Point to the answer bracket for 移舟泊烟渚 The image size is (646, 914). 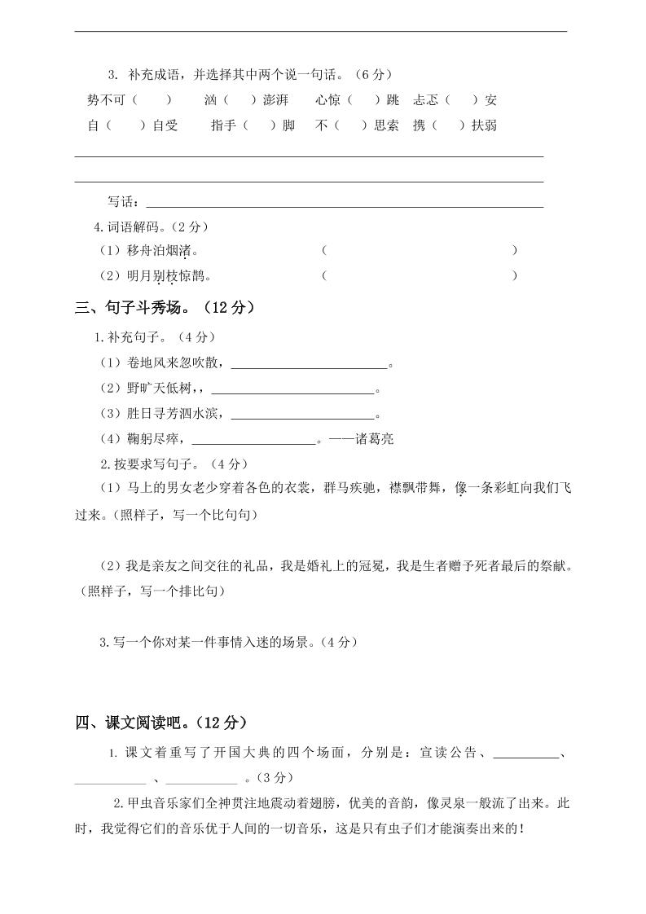click(x=420, y=250)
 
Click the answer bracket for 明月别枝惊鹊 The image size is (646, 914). click(x=420, y=276)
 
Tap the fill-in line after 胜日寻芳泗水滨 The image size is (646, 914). click(x=302, y=415)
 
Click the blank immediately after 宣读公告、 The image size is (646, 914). click(x=525, y=754)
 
